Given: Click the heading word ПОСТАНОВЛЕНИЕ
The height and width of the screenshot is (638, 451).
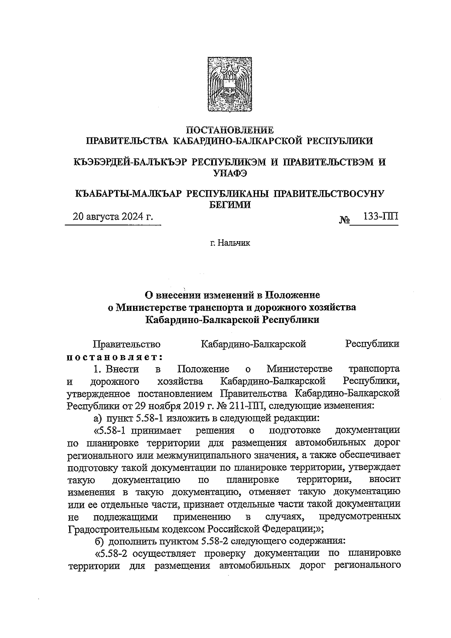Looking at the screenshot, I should [x=230, y=130].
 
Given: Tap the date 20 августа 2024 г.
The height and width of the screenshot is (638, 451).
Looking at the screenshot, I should [x=113, y=217].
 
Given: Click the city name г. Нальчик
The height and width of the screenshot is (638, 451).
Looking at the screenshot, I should [x=230, y=243].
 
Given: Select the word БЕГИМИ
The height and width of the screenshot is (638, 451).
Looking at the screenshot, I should [x=230, y=204].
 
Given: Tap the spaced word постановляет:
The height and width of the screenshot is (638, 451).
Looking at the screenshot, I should [x=114, y=355].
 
